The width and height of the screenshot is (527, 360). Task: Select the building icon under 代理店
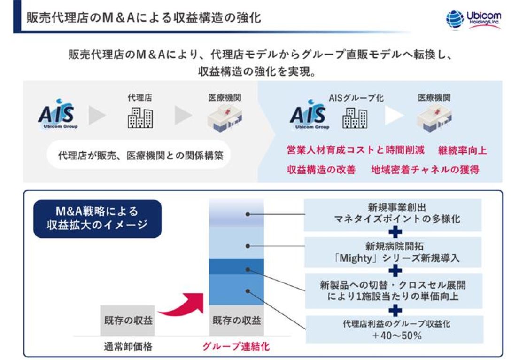[x=140, y=117]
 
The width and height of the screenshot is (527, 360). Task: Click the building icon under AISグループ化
[x=355, y=117]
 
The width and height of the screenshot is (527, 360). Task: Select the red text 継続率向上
[x=462, y=150]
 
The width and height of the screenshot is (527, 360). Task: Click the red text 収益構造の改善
[x=321, y=170]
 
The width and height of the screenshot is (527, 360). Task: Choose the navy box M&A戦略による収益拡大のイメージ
[x=97, y=219]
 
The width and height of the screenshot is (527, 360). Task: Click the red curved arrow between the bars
[x=181, y=304]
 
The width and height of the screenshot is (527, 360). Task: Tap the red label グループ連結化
[x=236, y=347]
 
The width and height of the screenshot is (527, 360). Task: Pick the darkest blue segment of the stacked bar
[x=236, y=266]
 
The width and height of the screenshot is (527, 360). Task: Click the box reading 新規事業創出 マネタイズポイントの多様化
[x=394, y=214]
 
